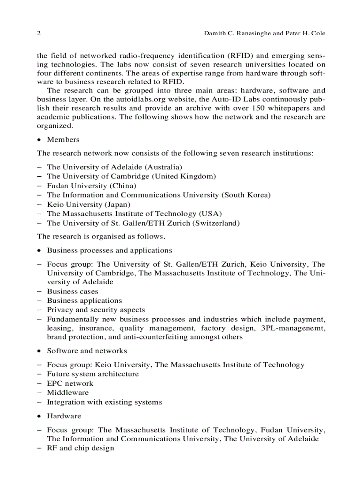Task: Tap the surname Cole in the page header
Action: point(318,33)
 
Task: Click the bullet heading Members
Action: point(63,140)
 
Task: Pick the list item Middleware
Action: point(67,393)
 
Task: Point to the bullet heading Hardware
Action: point(64,416)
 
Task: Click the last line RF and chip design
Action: point(80,448)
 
